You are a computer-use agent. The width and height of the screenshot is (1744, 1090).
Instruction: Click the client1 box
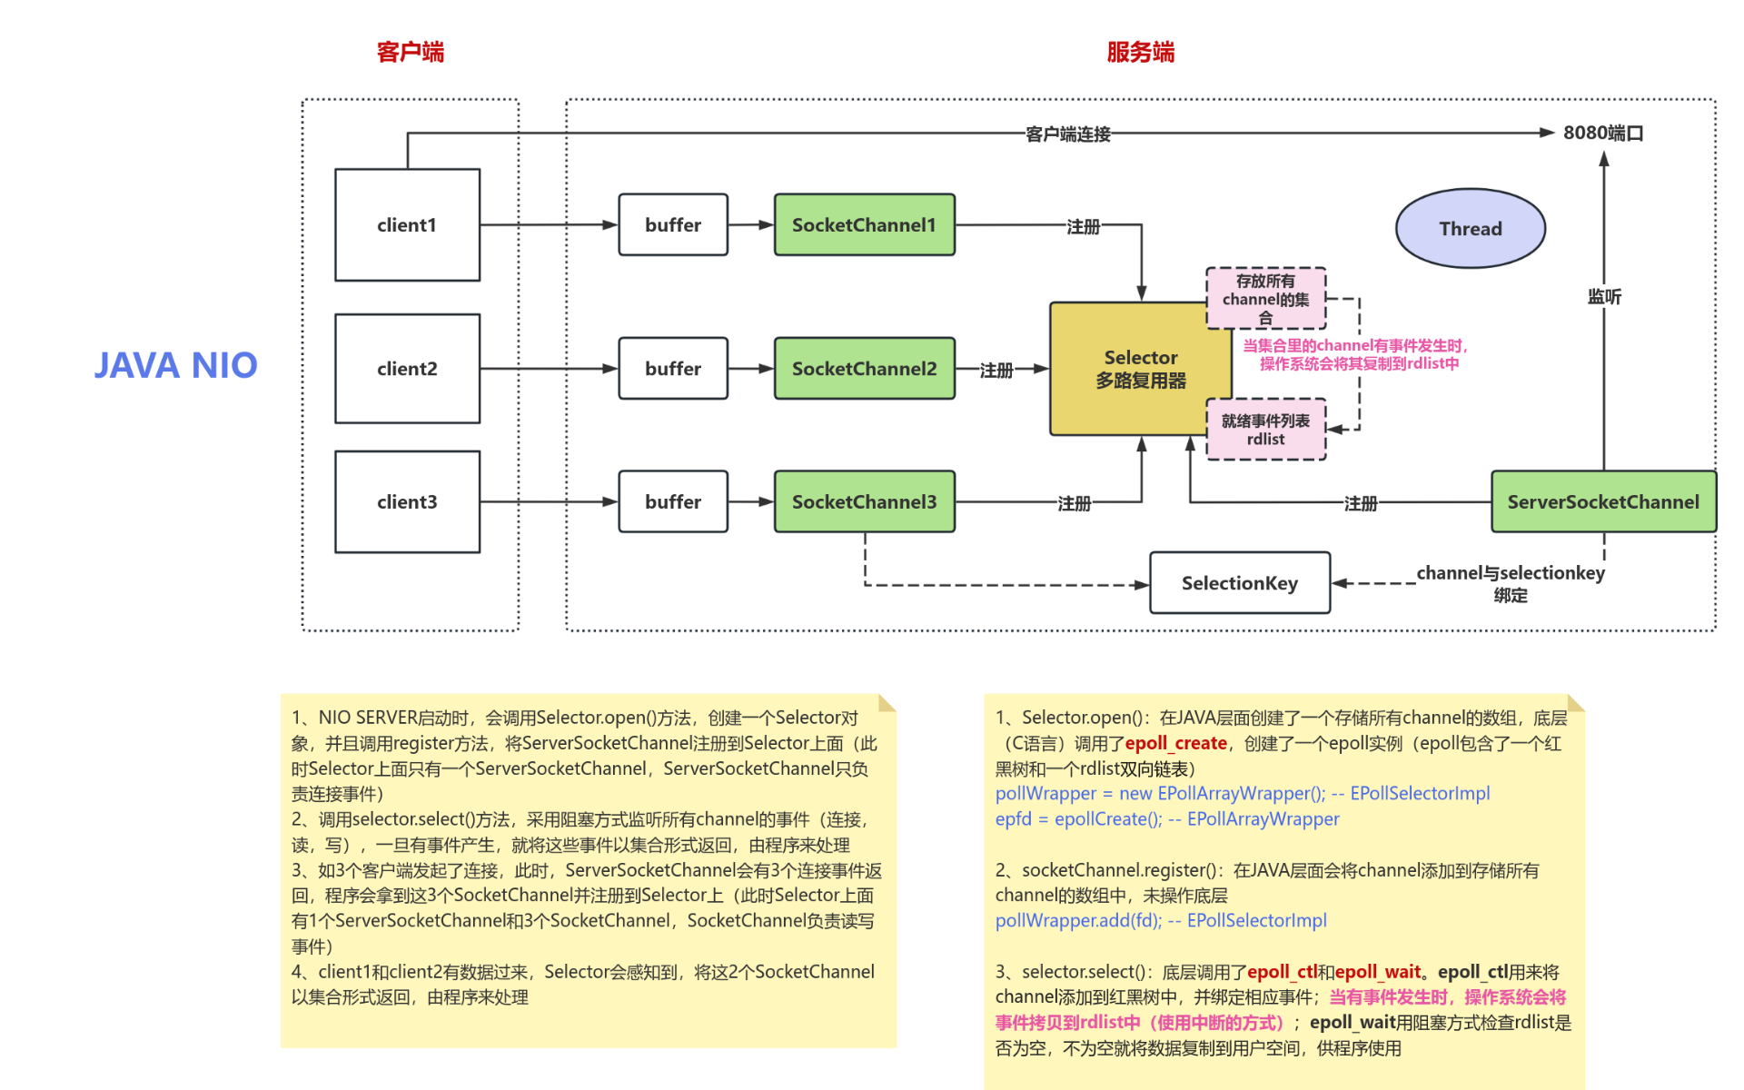click(407, 224)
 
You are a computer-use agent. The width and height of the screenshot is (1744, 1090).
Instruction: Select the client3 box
click(407, 501)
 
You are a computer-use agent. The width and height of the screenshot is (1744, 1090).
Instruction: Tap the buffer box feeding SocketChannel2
click(673, 368)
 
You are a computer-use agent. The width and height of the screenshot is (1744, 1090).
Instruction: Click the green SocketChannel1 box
click(864, 224)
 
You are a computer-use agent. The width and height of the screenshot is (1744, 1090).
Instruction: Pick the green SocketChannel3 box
click(864, 501)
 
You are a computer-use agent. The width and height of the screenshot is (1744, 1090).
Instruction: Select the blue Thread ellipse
click(1470, 228)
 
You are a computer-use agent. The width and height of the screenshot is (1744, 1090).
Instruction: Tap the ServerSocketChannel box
click(1603, 501)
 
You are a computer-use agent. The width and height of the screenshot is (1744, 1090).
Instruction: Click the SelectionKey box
click(1239, 583)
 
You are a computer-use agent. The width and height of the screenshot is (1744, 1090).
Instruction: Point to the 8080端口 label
click(1603, 133)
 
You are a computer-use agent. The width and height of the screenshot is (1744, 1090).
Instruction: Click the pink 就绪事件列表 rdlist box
click(1265, 430)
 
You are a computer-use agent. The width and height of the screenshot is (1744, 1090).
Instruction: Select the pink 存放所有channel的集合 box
click(1265, 298)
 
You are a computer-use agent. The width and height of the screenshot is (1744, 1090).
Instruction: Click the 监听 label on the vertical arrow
click(1604, 296)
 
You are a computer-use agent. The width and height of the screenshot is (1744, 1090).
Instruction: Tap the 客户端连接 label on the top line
click(1067, 134)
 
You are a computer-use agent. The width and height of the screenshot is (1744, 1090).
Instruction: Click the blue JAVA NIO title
click(176, 365)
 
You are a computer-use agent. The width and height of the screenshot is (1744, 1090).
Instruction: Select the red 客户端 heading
click(411, 52)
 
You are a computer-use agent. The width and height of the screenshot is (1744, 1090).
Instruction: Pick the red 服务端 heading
click(1141, 52)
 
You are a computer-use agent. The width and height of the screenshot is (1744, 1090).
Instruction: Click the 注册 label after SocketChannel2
click(996, 370)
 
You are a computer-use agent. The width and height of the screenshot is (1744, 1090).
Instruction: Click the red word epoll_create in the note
click(1175, 743)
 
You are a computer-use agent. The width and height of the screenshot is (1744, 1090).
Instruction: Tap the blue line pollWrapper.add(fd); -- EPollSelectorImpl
click(1160, 920)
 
